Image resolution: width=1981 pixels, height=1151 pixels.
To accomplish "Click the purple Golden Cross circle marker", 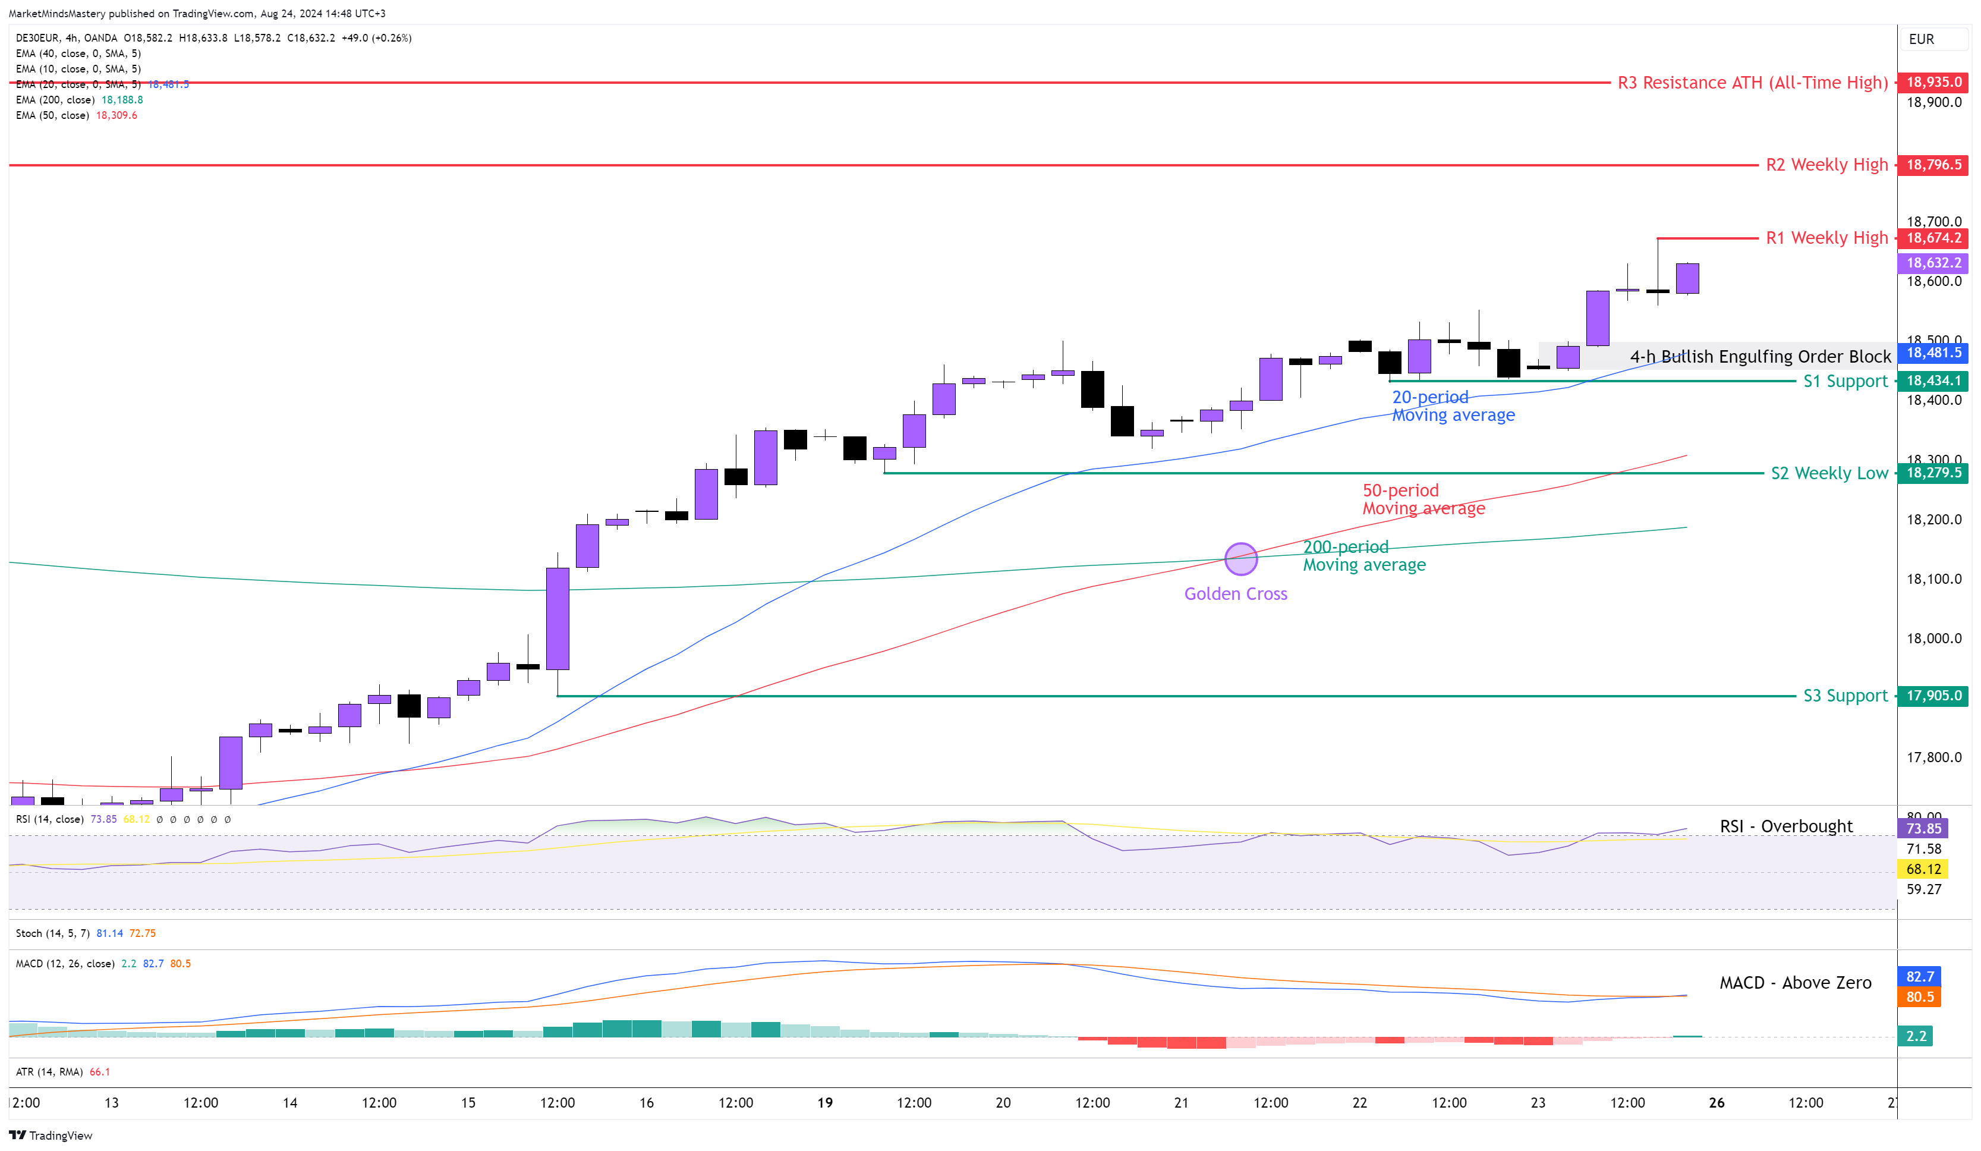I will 1240,559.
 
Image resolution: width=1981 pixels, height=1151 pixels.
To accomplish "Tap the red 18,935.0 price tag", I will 1933,82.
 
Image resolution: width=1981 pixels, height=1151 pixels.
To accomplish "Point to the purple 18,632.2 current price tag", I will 1933,263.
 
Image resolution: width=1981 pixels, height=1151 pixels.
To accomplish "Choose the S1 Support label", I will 1844,381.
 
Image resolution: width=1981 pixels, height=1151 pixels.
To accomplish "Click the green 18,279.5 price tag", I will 1933,473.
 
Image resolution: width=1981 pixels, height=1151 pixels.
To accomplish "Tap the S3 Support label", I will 1844,696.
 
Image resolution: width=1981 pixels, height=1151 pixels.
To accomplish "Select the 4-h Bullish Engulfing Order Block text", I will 1760,357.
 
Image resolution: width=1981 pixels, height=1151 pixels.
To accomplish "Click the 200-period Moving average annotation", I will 1364,556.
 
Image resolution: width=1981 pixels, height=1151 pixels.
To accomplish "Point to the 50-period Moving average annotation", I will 1423,499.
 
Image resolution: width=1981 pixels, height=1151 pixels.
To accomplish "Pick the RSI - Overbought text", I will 1785,826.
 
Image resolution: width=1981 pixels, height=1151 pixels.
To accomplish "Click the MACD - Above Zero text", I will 1795,983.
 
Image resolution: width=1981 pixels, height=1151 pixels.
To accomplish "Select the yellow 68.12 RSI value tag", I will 1923,869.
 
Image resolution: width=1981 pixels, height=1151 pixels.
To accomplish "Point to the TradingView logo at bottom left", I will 51,1136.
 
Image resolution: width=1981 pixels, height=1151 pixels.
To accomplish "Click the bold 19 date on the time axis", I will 824,1103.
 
